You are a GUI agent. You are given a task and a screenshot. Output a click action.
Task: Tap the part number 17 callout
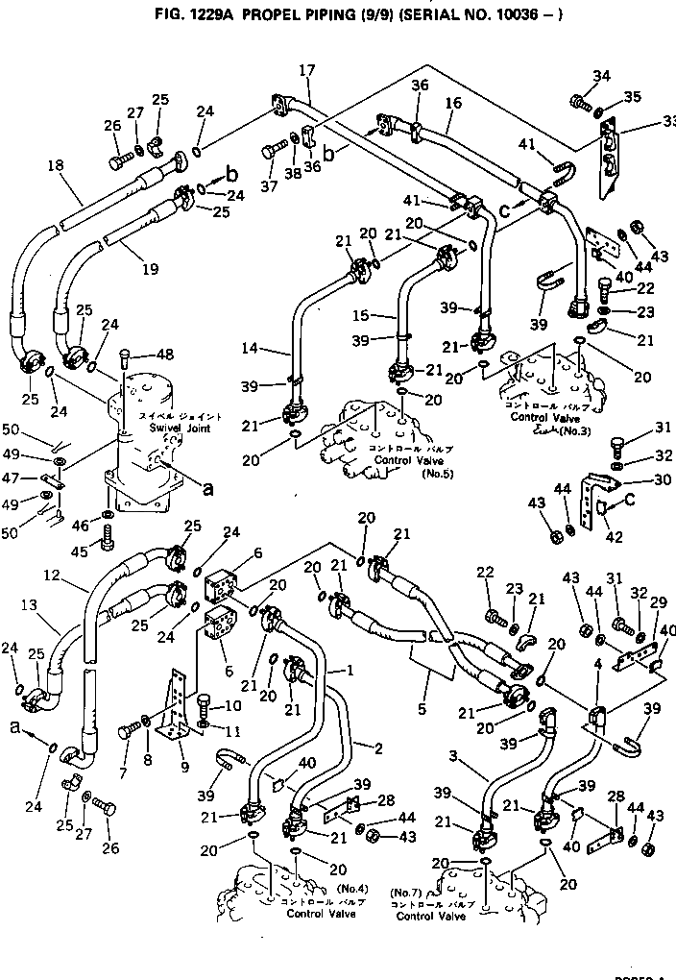click(x=306, y=70)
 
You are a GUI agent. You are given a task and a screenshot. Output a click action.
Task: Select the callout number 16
click(x=453, y=101)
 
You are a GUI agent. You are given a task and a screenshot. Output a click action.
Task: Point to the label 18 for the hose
click(x=55, y=165)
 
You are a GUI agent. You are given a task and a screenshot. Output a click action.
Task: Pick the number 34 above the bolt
click(x=601, y=77)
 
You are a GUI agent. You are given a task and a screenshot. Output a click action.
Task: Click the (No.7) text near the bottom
click(x=407, y=893)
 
